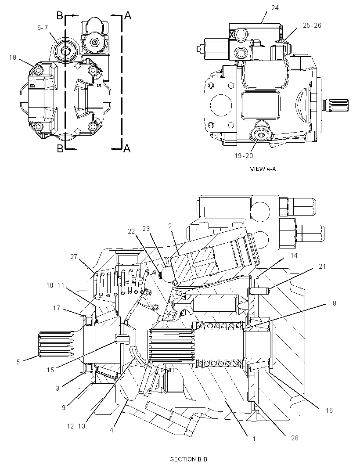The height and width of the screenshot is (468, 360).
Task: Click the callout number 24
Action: pos(275,8)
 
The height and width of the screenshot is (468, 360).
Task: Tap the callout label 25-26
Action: pos(312,25)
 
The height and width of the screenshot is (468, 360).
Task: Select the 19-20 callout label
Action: pos(244,155)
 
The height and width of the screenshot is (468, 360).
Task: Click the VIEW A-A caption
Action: pos(263,169)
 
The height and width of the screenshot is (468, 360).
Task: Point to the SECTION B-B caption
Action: pos(189,459)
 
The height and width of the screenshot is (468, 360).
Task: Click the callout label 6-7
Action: pos(43,28)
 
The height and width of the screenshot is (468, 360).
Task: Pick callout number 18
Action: pos(13,57)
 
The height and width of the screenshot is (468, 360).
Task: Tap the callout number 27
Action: pos(74,256)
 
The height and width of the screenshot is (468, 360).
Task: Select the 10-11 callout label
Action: pos(55,285)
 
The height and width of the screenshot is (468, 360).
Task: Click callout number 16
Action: pos(329,410)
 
